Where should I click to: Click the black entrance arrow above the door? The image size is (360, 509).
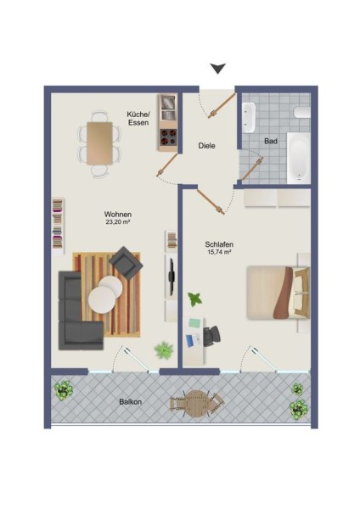tap(217, 68)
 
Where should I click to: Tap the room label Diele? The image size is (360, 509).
tap(206, 146)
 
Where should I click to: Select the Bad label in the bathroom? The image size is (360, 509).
tap(271, 141)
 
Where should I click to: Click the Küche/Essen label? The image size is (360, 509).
tap(138, 119)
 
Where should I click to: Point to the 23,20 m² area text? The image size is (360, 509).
tap(117, 222)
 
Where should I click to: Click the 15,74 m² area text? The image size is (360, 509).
tap(219, 252)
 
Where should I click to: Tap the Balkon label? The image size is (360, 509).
tap(130, 401)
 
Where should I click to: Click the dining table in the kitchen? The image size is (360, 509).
tap(99, 143)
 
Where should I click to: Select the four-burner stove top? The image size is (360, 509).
tap(167, 137)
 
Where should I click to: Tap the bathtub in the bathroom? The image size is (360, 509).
tap(298, 157)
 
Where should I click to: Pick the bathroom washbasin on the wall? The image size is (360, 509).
tap(250, 118)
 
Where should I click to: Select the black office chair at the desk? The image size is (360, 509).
tap(211, 336)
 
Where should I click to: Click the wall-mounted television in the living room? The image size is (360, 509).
tap(172, 276)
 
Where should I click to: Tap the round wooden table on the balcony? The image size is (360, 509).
tap(197, 403)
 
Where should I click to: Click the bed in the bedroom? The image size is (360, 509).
tap(278, 293)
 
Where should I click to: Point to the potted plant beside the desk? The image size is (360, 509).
tap(194, 299)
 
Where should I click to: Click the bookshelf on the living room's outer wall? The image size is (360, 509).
tap(58, 224)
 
